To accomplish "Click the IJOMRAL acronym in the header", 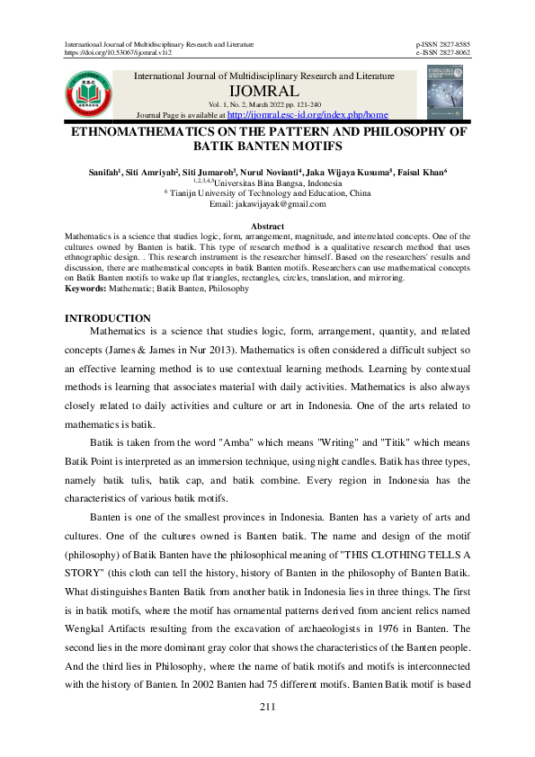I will [x=263, y=93].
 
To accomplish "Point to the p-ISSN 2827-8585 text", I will [x=442, y=44].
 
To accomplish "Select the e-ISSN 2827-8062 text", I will [x=442, y=53].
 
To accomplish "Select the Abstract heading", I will [x=267, y=226].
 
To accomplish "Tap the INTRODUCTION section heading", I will [x=108, y=318].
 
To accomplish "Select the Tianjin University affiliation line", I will [x=267, y=193].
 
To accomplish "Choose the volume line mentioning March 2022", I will [x=264, y=105].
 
